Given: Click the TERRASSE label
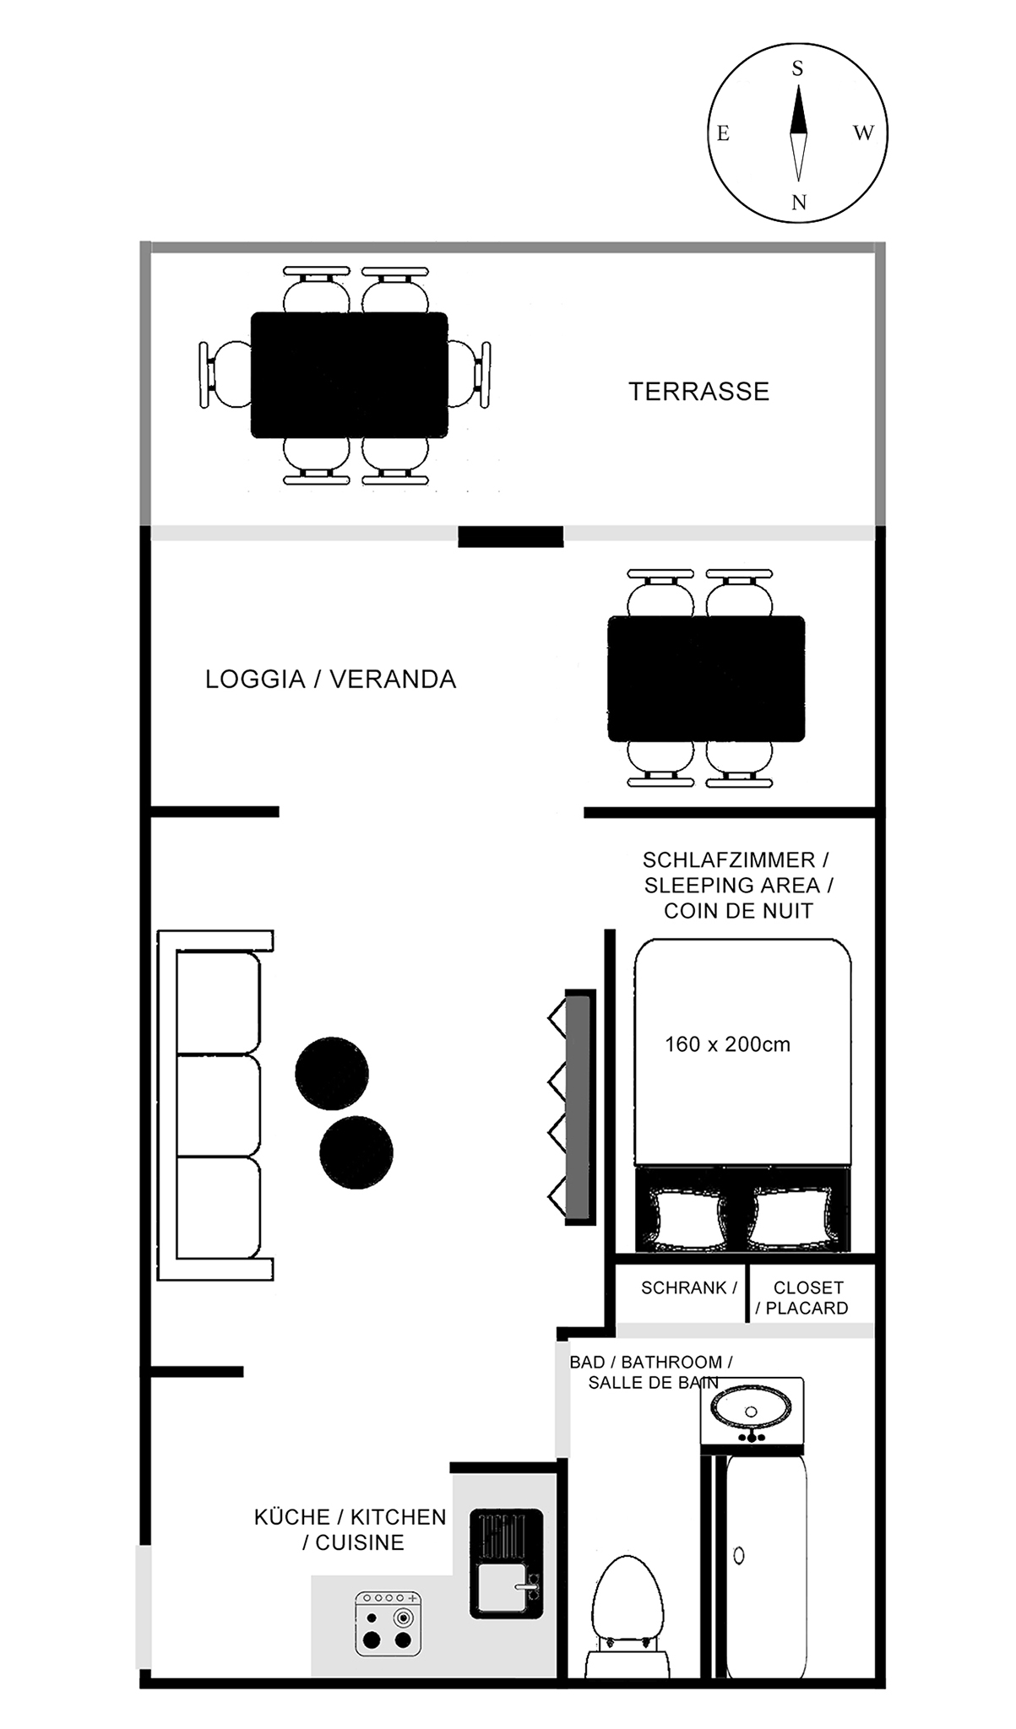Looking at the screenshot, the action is [698, 392].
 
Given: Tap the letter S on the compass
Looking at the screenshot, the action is [797, 69].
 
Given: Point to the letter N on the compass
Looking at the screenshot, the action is [798, 203].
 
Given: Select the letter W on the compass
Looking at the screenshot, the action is [863, 133].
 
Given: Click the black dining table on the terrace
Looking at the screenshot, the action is [350, 375].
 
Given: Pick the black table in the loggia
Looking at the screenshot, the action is [706, 679].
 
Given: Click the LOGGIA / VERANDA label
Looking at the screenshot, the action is [330, 680].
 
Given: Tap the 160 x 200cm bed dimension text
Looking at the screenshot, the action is [727, 1044].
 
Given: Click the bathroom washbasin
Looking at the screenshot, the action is [752, 1409].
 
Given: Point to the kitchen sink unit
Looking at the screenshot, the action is [506, 1563].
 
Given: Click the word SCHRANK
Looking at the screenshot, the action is [684, 1288].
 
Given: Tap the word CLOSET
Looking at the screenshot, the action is [808, 1288].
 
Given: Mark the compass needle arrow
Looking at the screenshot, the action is [798, 133].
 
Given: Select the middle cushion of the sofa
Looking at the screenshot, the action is [219, 1105].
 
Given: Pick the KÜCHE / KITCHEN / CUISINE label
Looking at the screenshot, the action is [350, 1530].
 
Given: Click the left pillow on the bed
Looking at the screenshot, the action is [688, 1217].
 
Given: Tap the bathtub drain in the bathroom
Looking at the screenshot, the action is [740, 1555].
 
